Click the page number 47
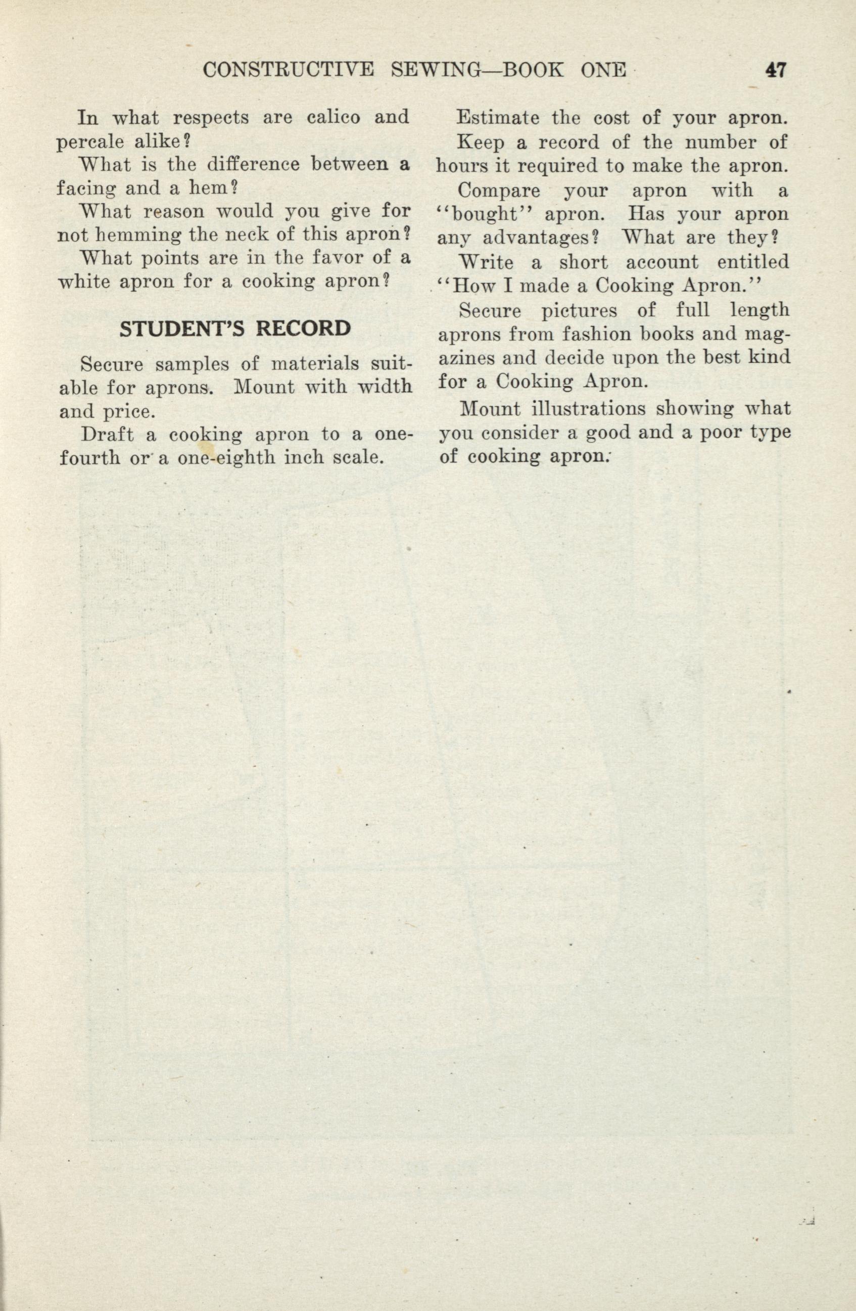pyautogui.click(x=775, y=71)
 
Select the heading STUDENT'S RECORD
pyautogui.click(x=235, y=329)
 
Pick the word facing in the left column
pyautogui.click(x=86, y=189)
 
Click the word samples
pyautogui.click(x=188, y=364)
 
